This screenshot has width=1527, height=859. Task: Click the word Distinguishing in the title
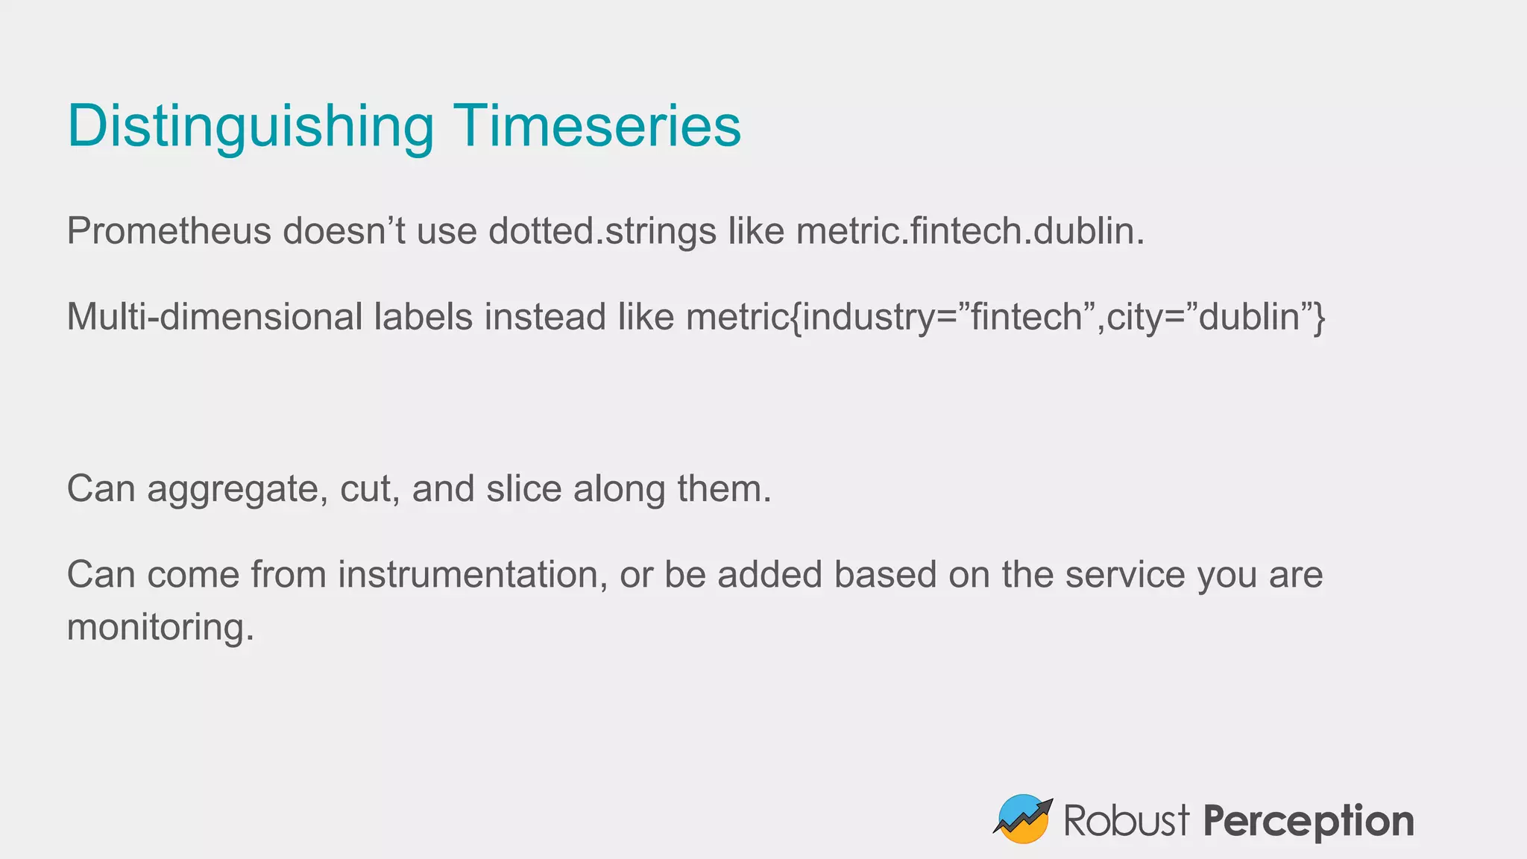[251, 127]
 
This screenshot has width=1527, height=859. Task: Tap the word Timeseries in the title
[597, 125]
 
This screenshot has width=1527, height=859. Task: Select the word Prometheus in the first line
[169, 231]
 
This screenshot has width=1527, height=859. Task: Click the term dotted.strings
[602, 231]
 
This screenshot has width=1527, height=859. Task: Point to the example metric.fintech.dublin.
[969, 231]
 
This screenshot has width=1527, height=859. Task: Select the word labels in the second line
[424, 317]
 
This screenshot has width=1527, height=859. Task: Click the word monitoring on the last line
[160, 628]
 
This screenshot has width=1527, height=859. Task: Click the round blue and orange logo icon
[1023, 819]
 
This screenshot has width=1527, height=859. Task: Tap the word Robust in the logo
[1126, 821]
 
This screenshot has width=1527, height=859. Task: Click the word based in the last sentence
[885, 575]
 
